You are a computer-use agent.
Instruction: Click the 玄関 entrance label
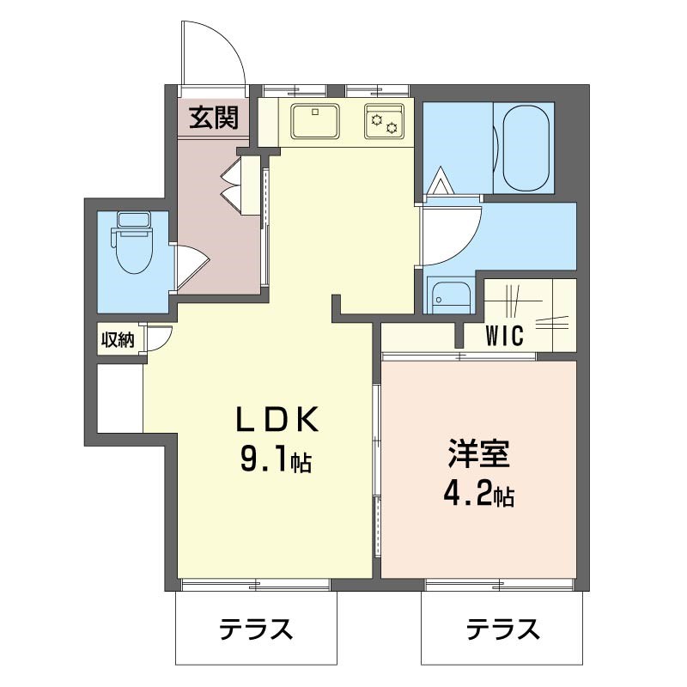coord(214,117)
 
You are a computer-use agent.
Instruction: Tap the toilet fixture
coord(133,249)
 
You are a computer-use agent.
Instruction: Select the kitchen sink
coord(315,121)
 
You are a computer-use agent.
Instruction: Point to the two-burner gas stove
coord(384,121)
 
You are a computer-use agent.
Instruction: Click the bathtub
coord(526,148)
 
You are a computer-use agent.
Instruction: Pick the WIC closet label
coord(505,337)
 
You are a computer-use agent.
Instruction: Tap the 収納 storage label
coord(118,340)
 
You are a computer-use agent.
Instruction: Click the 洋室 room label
coord(478,453)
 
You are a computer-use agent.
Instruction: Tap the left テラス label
coord(256,630)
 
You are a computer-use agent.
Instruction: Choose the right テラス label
coord(503,630)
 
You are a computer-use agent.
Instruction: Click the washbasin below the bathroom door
coord(450,296)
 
